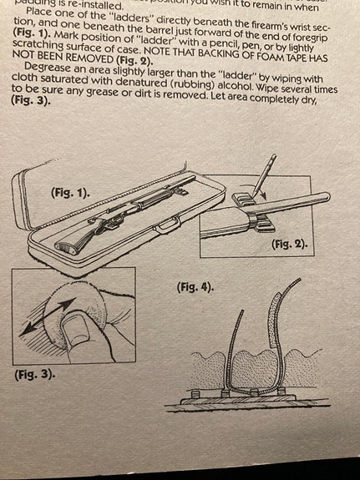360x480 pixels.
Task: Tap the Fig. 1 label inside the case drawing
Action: point(70,192)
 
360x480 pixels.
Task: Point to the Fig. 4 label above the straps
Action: point(195,287)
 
